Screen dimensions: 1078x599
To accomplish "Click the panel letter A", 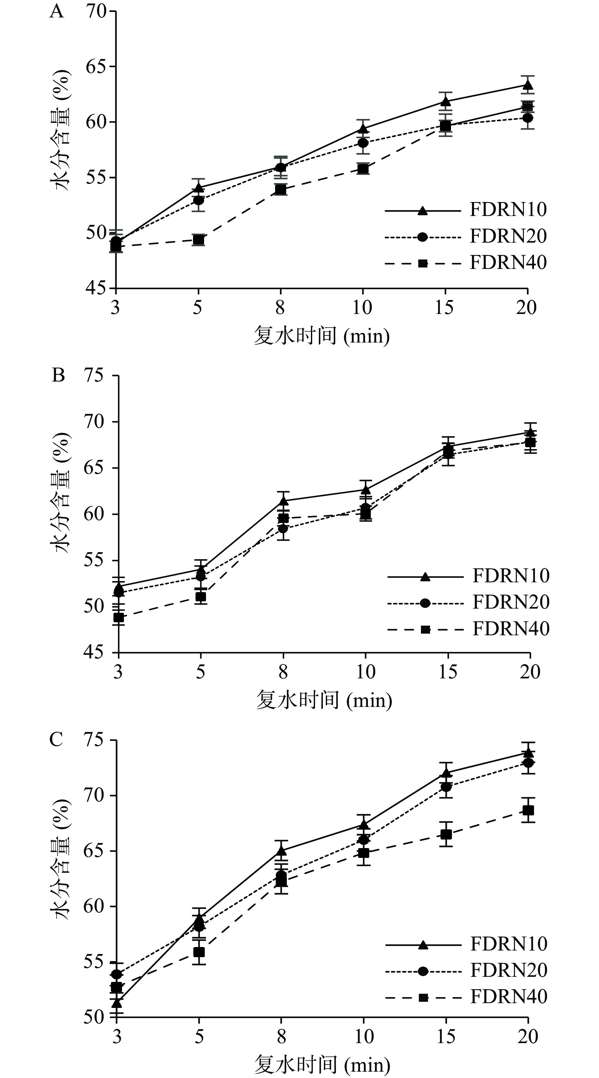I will pyautogui.click(x=57, y=12).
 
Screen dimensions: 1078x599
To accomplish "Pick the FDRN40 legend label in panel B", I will pyautogui.click(x=511, y=629).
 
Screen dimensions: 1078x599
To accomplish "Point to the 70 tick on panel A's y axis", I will pyautogui.click(x=95, y=11).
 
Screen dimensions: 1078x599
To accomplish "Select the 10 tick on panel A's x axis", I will pyautogui.click(x=362, y=308).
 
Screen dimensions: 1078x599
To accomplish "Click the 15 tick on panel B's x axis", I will pyautogui.click(x=447, y=672).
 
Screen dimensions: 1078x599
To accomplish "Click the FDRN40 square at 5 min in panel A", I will pyautogui.click(x=198, y=240).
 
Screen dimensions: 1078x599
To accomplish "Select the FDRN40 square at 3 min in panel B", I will pyautogui.click(x=119, y=617).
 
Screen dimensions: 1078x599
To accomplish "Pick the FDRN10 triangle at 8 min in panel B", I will pyautogui.click(x=284, y=500).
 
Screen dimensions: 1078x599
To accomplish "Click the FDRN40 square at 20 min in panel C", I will pyautogui.click(x=528, y=811).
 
